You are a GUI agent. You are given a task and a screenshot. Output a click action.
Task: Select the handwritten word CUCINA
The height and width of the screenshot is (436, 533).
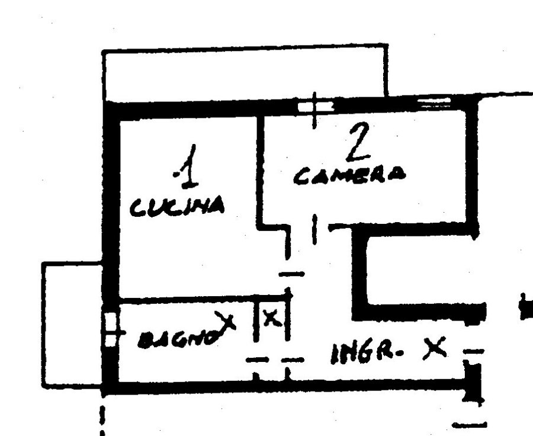[x=177, y=207]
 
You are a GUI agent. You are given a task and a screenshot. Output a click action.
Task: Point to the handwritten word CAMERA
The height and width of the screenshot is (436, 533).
[x=349, y=175]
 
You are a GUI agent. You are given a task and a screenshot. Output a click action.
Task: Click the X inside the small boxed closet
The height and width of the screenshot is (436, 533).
[x=272, y=319]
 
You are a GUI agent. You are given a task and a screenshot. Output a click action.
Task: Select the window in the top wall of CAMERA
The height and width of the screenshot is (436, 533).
[x=315, y=107]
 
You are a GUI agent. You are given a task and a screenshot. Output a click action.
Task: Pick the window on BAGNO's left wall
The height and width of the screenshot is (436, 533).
[x=110, y=329]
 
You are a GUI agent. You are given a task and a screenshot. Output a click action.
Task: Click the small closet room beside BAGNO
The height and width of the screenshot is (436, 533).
[x=272, y=323]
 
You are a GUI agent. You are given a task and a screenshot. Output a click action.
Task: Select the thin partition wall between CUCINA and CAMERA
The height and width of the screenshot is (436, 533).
[x=260, y=172]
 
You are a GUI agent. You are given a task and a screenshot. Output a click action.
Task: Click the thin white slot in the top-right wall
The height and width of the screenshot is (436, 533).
[x=434, y=102]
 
